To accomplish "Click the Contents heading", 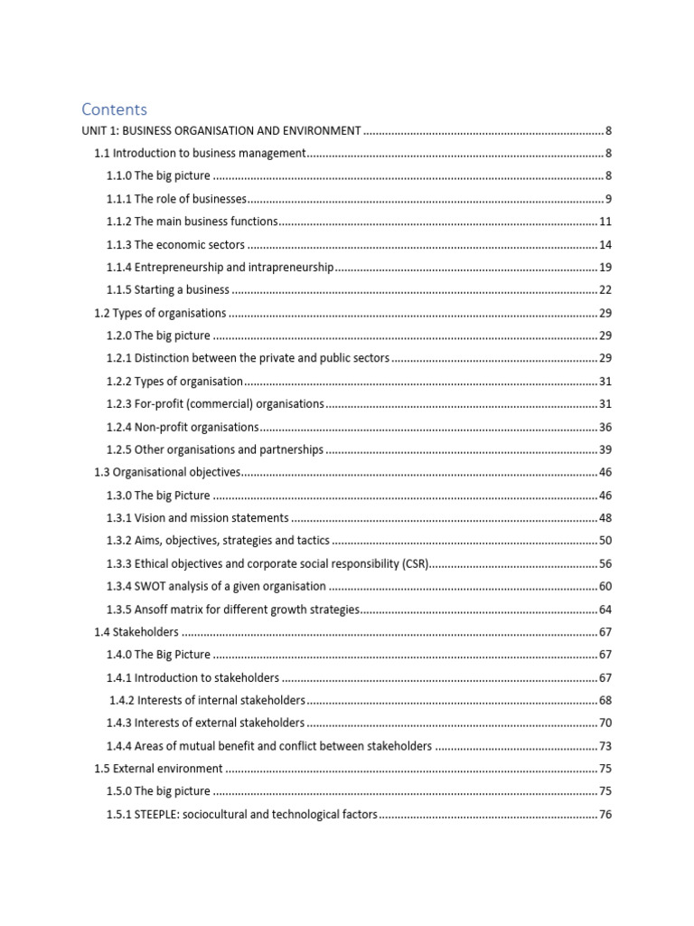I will coord(114,109).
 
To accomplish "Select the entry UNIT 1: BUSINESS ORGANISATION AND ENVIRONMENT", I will coord(221,131).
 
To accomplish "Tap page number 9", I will coord(609,199).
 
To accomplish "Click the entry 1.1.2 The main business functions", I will coord(192,222).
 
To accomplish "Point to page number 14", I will coord(605,245).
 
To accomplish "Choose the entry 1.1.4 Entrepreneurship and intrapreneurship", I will coord(220,268).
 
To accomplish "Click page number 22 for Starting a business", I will coord(605,290).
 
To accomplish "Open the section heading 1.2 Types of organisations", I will coord(161,313).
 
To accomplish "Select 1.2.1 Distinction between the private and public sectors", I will coord(248,359).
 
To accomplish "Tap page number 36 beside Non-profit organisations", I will coord(605,427).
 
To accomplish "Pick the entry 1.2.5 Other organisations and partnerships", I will coord(215,449).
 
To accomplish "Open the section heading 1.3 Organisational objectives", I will coord(168,472).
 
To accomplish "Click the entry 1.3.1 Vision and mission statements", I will coord(198,518).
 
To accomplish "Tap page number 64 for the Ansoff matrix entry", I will coord(605,609).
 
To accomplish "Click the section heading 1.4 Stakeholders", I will coord(136,632).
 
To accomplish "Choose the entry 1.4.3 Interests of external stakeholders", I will coord(205,723).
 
